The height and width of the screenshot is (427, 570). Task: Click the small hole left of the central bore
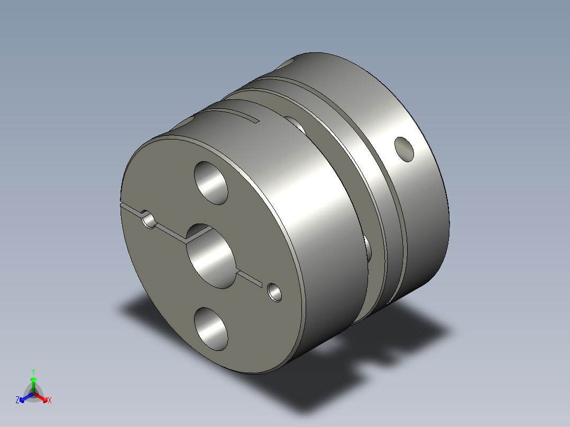coord(150,220)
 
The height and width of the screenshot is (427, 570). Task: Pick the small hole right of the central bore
coord(274,291)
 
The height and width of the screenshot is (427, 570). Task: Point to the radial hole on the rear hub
coord(404,148)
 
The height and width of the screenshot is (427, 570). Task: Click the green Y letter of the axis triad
coord(33,372)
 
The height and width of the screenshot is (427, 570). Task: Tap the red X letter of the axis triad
coord(49,401)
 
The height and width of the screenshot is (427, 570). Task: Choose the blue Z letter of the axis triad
coord(17,401)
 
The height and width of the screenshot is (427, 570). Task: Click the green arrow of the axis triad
coord(33,383)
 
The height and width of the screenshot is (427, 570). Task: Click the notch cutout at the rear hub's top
coord(288,63)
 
